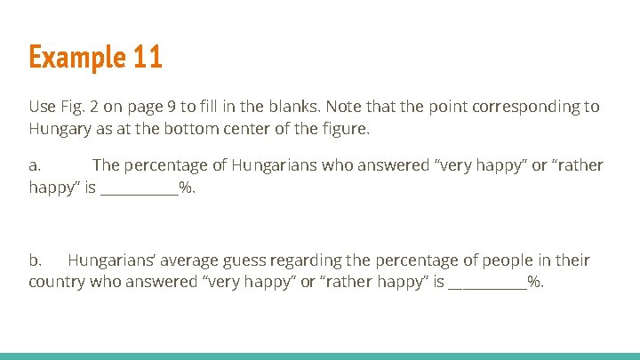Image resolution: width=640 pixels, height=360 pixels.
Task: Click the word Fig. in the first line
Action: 74,107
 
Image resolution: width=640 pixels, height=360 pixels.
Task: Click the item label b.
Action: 36,260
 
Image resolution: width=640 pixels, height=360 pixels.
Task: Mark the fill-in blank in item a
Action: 140,190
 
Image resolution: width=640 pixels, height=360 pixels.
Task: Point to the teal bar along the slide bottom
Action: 320,356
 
